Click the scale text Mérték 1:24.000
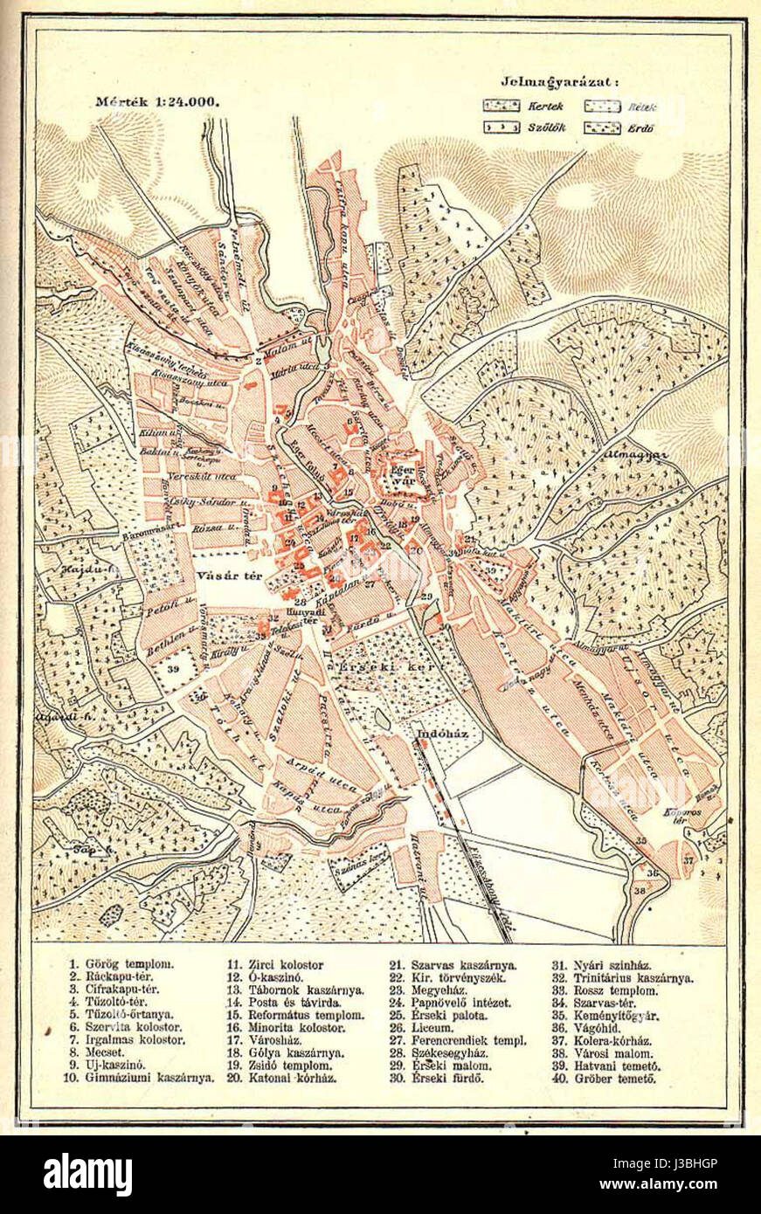tap(157, 100)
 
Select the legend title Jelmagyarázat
tap(560, 82)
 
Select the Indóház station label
tap(443, 734)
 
